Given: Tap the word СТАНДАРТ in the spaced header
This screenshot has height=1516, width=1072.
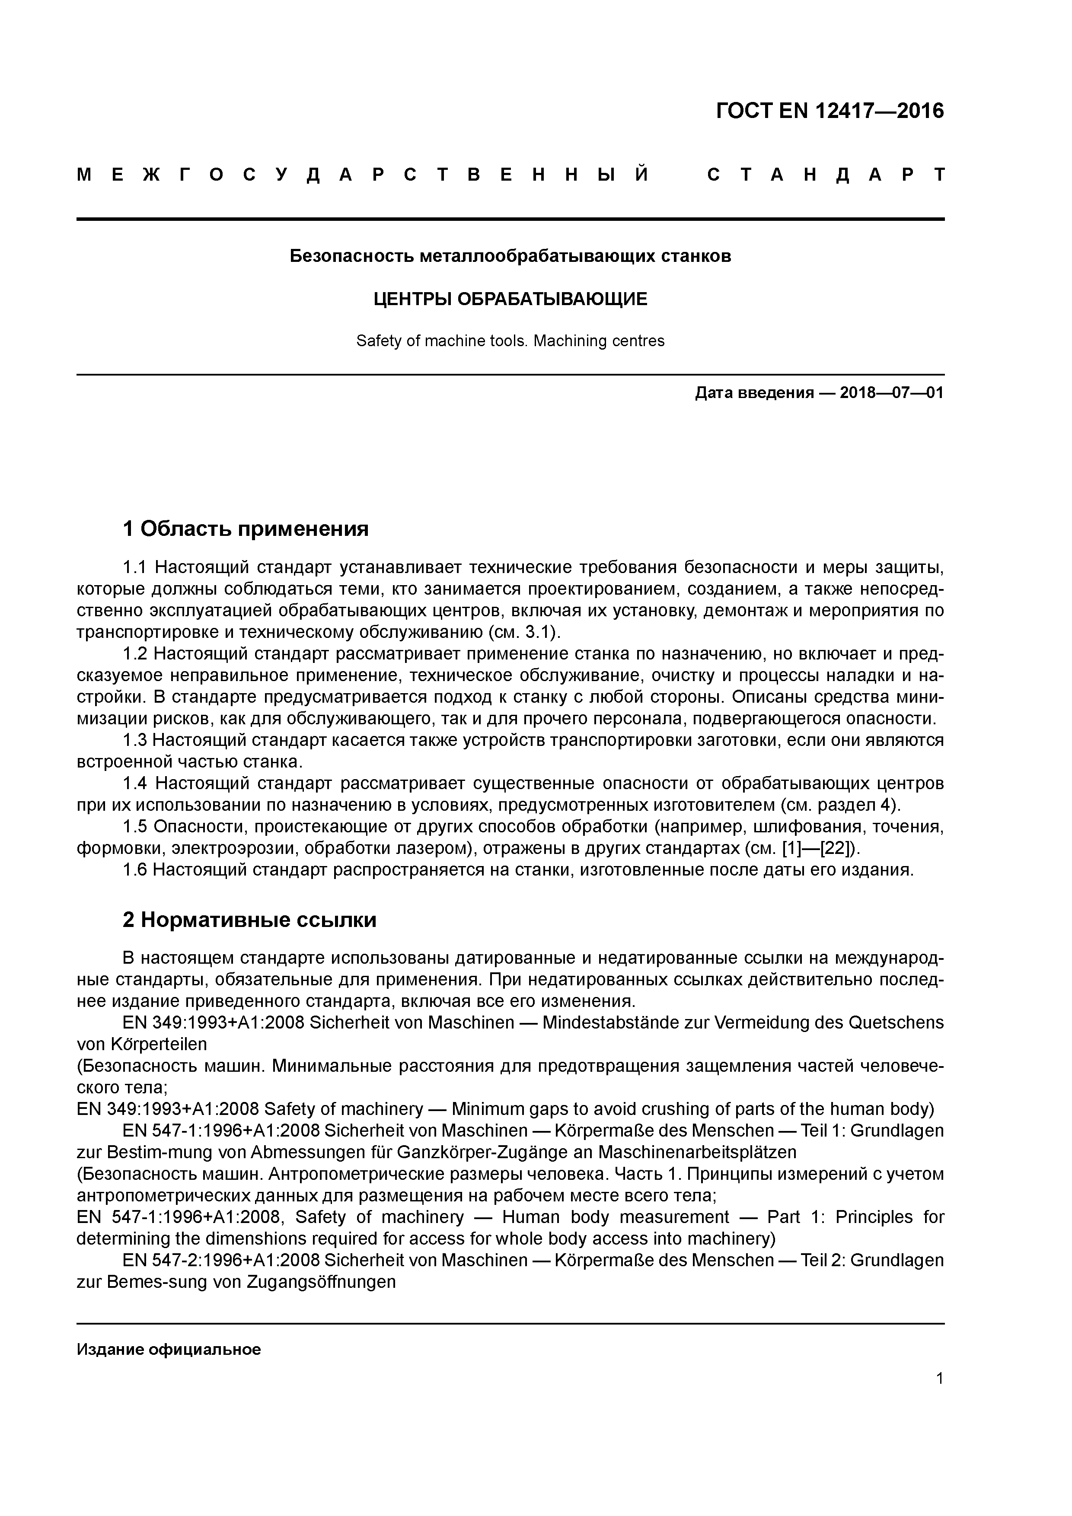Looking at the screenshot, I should point(826,175).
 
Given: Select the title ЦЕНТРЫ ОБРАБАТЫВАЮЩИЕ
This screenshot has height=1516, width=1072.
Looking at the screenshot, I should point(510,299).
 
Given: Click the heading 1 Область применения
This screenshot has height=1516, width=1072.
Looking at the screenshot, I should point(245,529).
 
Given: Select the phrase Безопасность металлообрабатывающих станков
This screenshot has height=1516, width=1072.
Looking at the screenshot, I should point(510,256).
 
